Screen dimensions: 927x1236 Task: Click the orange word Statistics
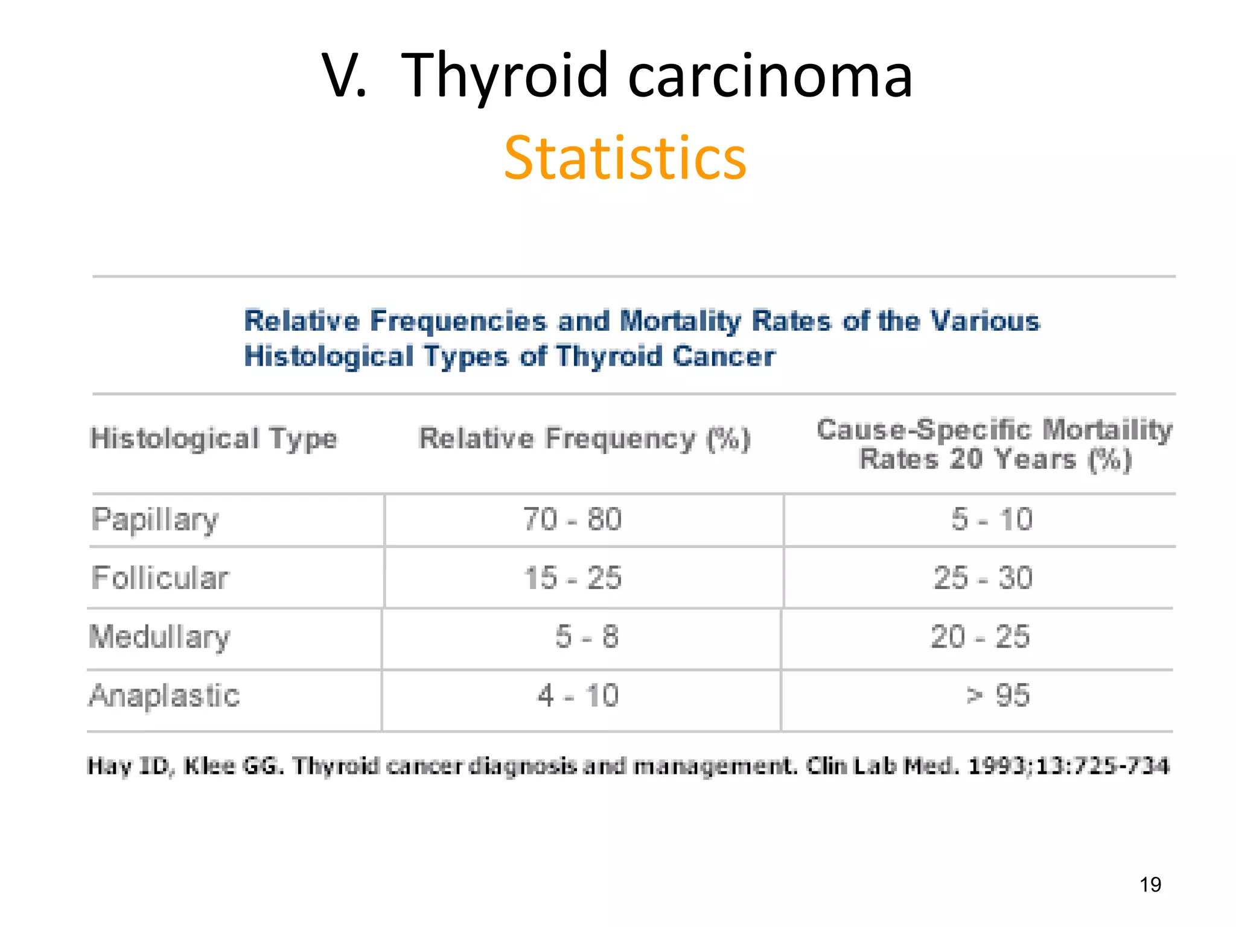click(x=625, y=158)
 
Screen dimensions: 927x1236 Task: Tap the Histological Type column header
click(x=214, y=439)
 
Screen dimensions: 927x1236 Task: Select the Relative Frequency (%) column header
click(x=584, y=439)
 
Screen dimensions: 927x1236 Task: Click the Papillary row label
click(x=155, y=520)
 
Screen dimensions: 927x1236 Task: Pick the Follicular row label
click(x=160, y=578)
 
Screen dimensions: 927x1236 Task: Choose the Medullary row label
click(x=159, y=637)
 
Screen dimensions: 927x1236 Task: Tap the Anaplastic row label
click(x=164, y=696)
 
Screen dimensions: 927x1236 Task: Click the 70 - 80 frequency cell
click(x=572, y=520)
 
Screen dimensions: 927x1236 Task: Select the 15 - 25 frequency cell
click(x=572, y=578)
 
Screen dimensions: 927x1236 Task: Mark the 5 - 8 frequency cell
click(x=587, y=637)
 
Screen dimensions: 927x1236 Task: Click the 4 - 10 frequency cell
click(x=578, y=696)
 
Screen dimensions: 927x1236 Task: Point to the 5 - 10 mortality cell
click(x=992, y=520)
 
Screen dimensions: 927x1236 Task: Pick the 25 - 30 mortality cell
click(x=983, y=578)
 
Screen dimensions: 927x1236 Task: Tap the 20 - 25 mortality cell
click(x=980, y=637)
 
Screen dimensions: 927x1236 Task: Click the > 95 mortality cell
click(x=997, y=696)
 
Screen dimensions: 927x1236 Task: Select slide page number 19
click(x=1150, y=885)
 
